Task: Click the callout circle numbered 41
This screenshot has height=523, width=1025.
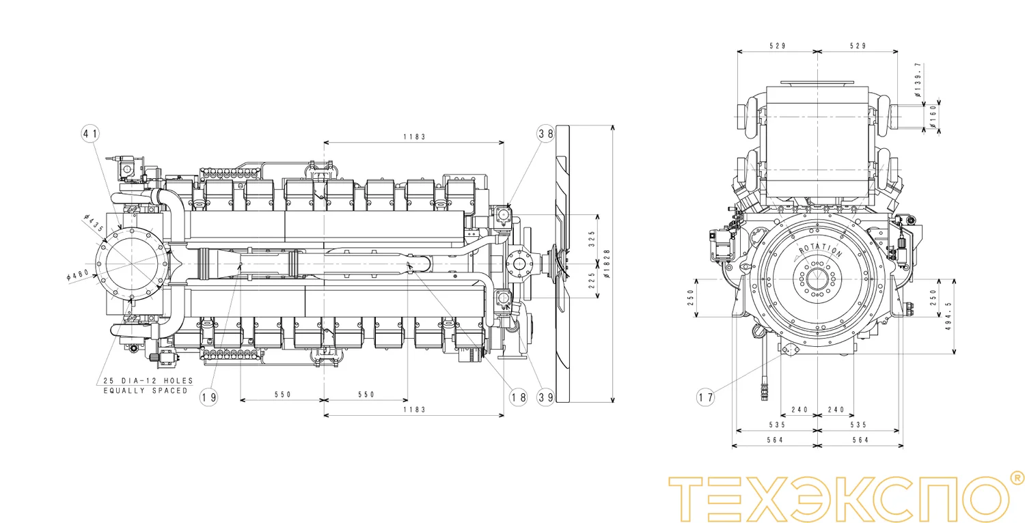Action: click(x=90, y=134)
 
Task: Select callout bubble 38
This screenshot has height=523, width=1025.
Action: click(x=545, y=134)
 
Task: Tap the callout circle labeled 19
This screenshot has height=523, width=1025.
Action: click(x=208, y=397)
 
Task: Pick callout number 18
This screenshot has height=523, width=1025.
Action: click(x=519, y=397)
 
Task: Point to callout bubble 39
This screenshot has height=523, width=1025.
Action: click(x=545, y=397)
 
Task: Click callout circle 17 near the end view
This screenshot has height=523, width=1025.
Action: click(x=706, y=397)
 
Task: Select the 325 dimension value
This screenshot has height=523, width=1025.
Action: click(x=592, y=239)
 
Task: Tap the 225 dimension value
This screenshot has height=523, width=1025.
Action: click(x=592, y=281)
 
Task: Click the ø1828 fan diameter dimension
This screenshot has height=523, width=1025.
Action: click(x=607, y=264)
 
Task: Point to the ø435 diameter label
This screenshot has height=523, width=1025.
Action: click(x=94, y=223)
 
